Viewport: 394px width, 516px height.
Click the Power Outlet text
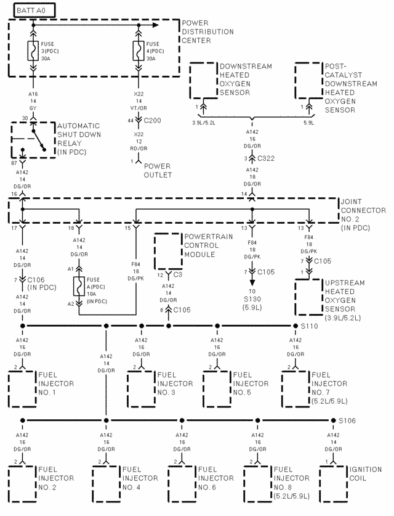point(158,170)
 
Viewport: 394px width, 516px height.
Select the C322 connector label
point(265,158)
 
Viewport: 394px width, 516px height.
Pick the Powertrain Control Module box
point(169,250)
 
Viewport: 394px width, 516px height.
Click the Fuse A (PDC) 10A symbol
point(79,287)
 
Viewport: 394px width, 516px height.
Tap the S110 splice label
point(309,325)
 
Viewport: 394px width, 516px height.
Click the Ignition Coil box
point(332,481)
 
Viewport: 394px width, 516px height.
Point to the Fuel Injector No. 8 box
point(257,481)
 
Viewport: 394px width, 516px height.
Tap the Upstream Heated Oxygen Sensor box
point(310,297)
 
